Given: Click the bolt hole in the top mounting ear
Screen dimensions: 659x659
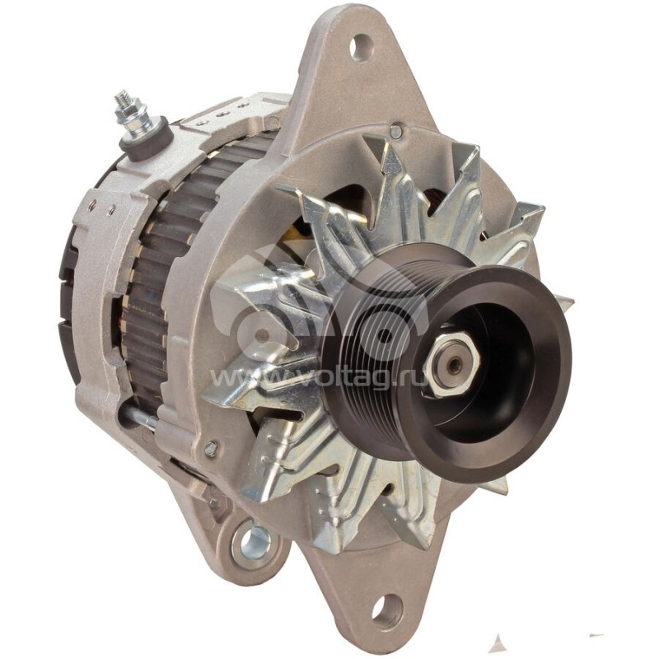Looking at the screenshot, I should click(x=360, y=48).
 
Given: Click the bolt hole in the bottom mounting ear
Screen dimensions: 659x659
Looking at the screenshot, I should click(x=386, y=610).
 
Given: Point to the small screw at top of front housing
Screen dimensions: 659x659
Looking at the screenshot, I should click(x=396, y=132).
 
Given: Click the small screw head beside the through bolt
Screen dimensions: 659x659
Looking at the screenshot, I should click(x=211, y=449).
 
